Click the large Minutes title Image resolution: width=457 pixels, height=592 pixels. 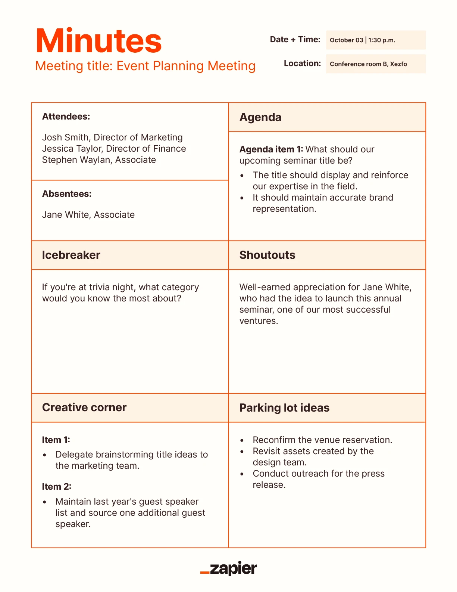pyautogui.click(x=98, y=41)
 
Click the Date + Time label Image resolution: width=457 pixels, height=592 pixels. pyautogui.click(x=295, y=40)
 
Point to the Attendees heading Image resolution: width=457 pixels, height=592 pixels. pyautogui.click(x=66, y=117)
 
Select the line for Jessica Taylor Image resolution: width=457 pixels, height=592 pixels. pyautogui.click(x=114, y=149)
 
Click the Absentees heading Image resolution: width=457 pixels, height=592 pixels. pyautogui.click(x=67, y=194)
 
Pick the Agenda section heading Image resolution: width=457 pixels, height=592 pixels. pyautogui.click(x=260, y=117)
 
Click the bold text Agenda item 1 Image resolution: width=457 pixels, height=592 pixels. pyautogui.click(x=271, y=149)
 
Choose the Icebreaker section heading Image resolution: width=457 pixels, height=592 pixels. pyautogui.click(x=71, y=255)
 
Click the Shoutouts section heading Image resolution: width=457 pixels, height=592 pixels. pyautogui.click(x=267, y=255)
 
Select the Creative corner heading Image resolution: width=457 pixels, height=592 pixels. pyautogui.click(x=84, y=407)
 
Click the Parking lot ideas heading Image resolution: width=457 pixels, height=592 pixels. pyautogui.click(x=284, y=408)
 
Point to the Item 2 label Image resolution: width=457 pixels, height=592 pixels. pyautogui.click(x=56, y=487)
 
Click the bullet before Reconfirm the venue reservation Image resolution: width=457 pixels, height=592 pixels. pyautogui.click(x=242, y=441)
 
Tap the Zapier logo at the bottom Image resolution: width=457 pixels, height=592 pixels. pyautogui.click(x=228, y=568)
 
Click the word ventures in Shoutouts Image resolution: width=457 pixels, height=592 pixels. pyautogui.click(x=258, y=321)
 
